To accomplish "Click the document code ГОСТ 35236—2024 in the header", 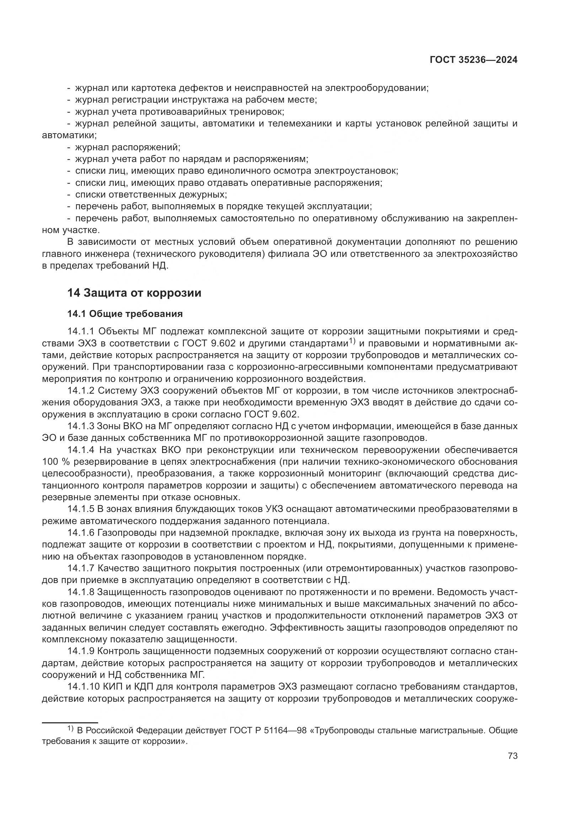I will click(x=473, y=60).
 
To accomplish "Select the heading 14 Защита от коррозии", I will click(x=134, y=293).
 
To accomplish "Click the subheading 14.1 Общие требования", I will click(x=125, y=314).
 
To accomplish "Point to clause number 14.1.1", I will click(x=81, y=331).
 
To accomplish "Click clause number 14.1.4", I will click(x=81, y=450).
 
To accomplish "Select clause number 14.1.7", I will click(x=81, y=568).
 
